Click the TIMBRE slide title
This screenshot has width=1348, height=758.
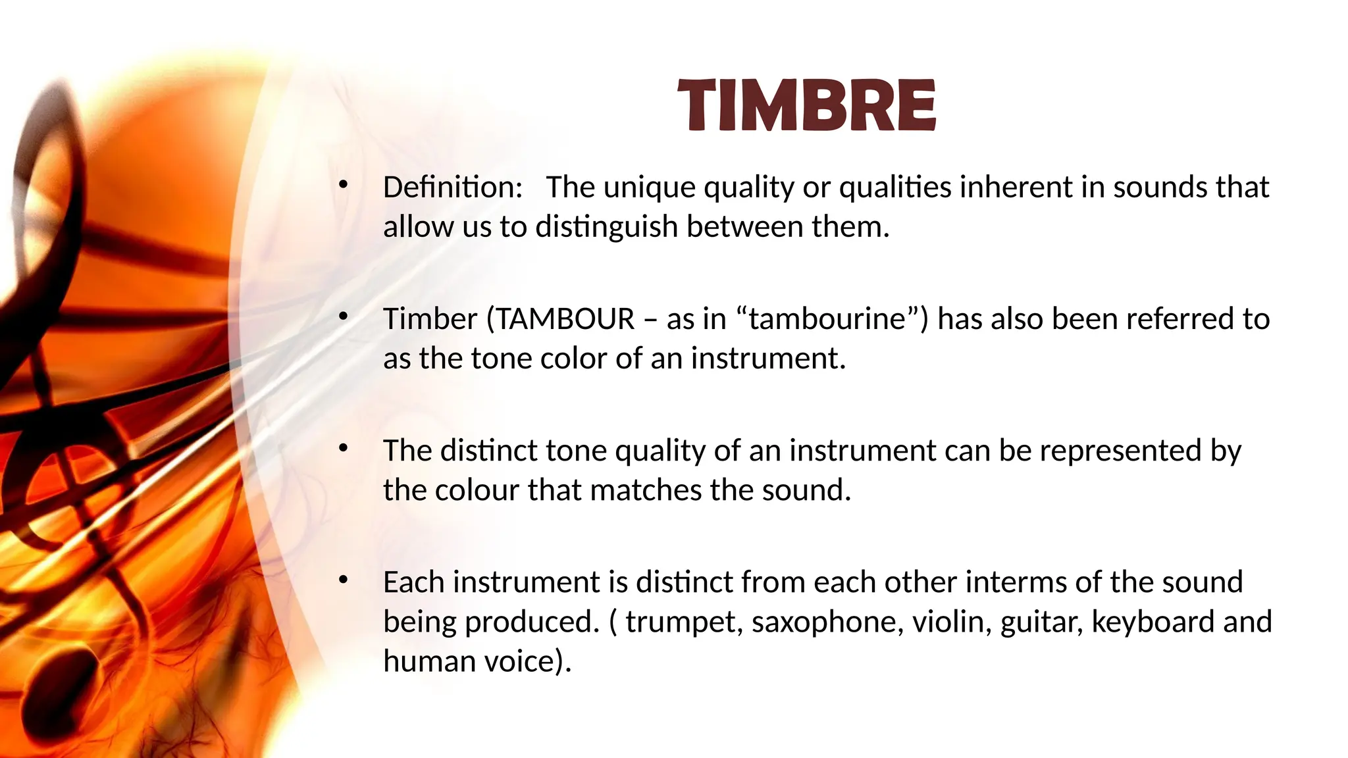click(x=806, y=105)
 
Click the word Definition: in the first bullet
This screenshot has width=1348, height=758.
click(x=453, y=188)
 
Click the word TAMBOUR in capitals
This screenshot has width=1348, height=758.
click(x=565, y=319)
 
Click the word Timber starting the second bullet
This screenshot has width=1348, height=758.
click(x=430, y=319)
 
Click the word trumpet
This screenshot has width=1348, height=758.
click(x=681, y=622)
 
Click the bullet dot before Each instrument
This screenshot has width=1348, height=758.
click(x=342, y=580)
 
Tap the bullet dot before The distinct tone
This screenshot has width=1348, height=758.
click(x=342, y=449)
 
